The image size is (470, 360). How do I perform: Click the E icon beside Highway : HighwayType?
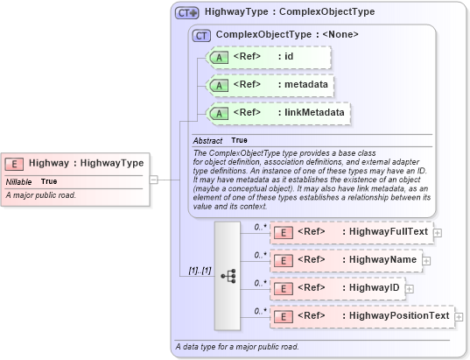click(16, 163)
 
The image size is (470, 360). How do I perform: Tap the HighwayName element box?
click(347, 260)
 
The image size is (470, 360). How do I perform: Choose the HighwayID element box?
click(337, 288)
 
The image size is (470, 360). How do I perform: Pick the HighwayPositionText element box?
click(362, 316)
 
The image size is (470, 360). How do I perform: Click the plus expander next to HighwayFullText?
click(438, 233)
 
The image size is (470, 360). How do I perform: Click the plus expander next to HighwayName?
click(427, 260)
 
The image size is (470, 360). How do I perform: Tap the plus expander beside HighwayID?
click(408, 288)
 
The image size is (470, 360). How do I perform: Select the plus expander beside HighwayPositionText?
click(459, 316)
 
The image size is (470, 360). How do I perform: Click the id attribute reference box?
click(267, 58)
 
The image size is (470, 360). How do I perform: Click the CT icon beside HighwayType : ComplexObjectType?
click(186, 13)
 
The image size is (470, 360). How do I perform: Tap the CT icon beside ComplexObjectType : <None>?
click(201, 35)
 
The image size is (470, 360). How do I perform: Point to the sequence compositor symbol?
click(228, 275)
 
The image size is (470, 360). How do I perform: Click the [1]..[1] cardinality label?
click(200, 270)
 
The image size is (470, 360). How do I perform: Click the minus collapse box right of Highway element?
click(153, 180)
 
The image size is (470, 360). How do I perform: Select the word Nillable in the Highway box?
click(19, 181)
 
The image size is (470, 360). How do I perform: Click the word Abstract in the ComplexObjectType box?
click(207, 140)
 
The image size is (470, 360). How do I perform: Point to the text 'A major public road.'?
click(40, 194)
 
